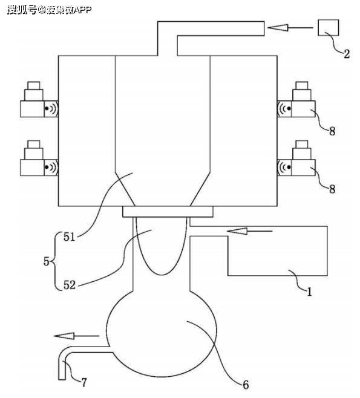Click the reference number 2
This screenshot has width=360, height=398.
pyautogui.click(x=347, y=54)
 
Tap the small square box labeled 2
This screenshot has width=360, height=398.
pyautogui.click(x=329, y=27)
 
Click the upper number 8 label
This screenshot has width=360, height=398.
pyautogui.click(x=332, y=131)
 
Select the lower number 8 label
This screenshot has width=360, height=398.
pyautogui.click(x=332, y=189)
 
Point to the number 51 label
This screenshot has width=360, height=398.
pyautogui.click(x=70, y=237)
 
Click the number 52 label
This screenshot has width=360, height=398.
pyautogui.click(x=70, y=285)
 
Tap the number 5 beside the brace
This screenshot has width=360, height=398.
pyautogui.click(x=46, y=261)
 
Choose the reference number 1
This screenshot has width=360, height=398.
pyautogui.click(x=309, y=292)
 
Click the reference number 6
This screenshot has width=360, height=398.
pyautogui.click(x=246, y=385)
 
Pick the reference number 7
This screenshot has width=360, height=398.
pyautogui.click(x=84, y=382)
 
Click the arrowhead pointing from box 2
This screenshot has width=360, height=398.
pyautogui.click(x=278, y=27)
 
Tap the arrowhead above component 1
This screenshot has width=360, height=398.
pyautogui.click(x=237, y=231)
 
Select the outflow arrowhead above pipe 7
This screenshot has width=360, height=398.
pyautogui.click(x=64, y=336)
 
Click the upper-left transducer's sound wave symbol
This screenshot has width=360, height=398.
pyautogui.click(x=51, y=109)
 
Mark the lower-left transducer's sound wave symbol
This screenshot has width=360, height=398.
pyautogui.click(x=51, y=168)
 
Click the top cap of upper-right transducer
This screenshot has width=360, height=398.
pyautogui.click(x=302, y=85)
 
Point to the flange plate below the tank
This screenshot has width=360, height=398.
pyautogui.click(x=168, y=212)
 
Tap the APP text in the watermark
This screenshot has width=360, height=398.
pyautogui.click(x=82, y=10)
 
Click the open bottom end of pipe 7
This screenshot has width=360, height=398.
pyautogui.click(x=62, y=380)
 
